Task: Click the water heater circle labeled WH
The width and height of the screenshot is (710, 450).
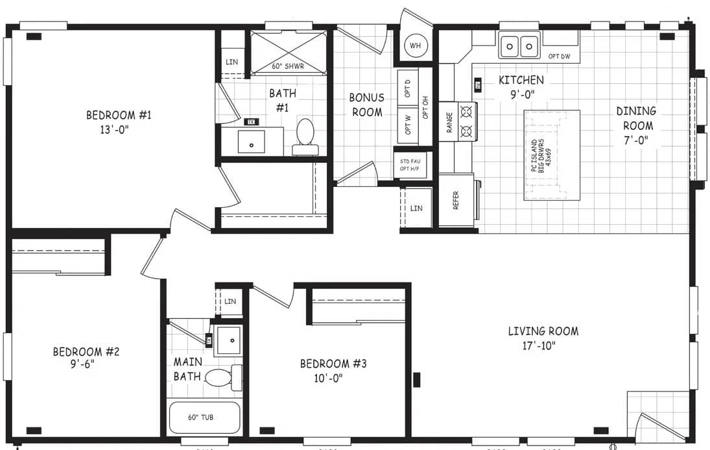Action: pos(416,45)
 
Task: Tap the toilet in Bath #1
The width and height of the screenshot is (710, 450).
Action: pos(305,135)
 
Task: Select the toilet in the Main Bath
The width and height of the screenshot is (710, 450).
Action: pos(219,377)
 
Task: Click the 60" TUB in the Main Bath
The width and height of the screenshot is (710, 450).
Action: pos(204,418)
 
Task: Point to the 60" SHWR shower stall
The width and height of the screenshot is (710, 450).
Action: pos(287,53)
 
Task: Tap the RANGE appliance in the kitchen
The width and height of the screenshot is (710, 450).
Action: pos(458,122)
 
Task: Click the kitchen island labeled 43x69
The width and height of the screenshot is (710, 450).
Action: pos(552,155)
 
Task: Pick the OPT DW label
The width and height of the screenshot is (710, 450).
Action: pos(559,56)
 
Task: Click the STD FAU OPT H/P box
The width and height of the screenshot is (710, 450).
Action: pos(406,165)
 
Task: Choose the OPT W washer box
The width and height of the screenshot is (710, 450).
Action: pos(407,123)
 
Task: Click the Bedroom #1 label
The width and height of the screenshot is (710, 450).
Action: pos(119,116)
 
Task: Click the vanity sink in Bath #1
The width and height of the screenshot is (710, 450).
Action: pos(251,141)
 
